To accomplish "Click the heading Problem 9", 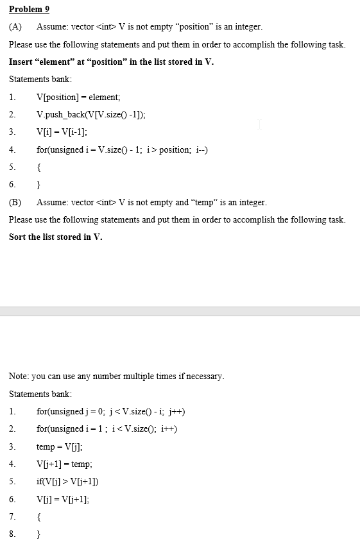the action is click(x=29, y=9).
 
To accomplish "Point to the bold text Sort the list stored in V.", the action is click(x=55, y=237).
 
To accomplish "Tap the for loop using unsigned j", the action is click(x=111, y=411).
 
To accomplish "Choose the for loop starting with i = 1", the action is click(x=107, y=428).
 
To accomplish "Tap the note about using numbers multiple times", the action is click(x=117, y=376).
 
